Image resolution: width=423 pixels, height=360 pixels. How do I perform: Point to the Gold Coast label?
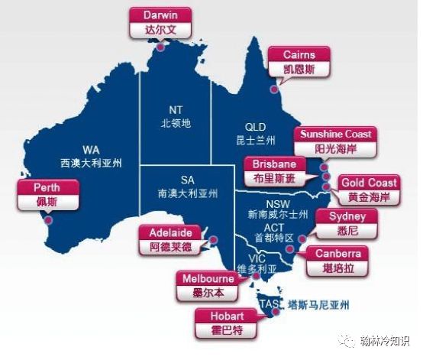pyautogui.click(x=369, y=190)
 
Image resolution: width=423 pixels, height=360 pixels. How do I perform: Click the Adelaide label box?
pyautogui.click(x=170, y=239)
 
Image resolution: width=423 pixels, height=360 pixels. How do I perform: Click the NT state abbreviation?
pyautogui.click(x=176, y=109)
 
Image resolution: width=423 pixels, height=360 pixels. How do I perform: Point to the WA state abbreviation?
pyautogui.click(x=91, y=150)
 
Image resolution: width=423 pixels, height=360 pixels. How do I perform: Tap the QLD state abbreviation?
pyautogui.click(x=254, y=127)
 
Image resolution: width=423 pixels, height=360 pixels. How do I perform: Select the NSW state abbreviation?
pyautogui.click(x=276, y=203)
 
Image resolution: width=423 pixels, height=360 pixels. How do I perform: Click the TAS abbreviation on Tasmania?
pyautogui.click(x=268, y=305)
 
